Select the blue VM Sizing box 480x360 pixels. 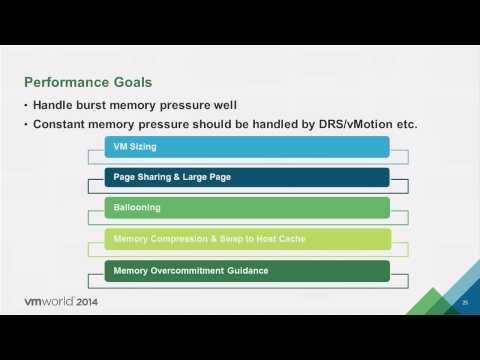pyautogui.click(x=246, y=147)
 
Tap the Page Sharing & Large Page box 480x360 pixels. pyautogui.click(x=246, y=178)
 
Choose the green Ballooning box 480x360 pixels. pyautogui.click(x=246, y=209)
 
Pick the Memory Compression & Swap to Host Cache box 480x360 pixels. pyautogui.click(x=246, y=240)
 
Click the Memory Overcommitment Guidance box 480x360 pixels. pyautogui.click(x=246, y=271)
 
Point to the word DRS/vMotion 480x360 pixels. pyautogui.click(x=357, y=124)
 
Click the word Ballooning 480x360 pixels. pyautogui.click(x=137, y=209)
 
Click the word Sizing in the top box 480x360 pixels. pyautogui.click(x=142, y=147)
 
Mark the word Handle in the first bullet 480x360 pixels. pyautogui.click(x=56, y=105)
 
